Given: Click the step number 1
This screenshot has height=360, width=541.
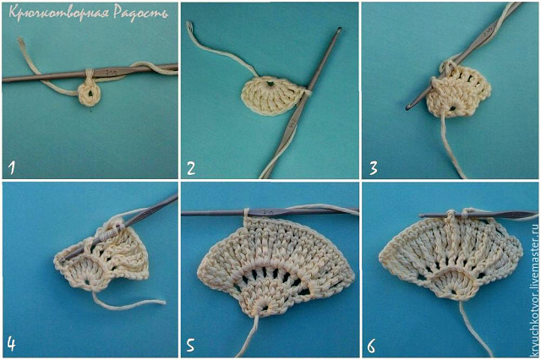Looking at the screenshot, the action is click(x=12, y=168).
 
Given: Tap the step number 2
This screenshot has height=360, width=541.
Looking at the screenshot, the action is click(x=191, y=168).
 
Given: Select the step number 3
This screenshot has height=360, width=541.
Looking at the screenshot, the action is click(x=374, y=168).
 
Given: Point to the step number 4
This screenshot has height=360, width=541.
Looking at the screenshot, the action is click(x=11, y=344).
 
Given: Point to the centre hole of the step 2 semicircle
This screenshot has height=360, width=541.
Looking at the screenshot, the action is click(x=270, y=83).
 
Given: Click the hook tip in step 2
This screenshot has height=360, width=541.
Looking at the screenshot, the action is click(x=340, y=30).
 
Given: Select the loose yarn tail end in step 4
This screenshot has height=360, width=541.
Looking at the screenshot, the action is click(x=163, y=302).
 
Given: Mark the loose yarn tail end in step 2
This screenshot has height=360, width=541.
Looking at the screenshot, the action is click(x=189, y=24).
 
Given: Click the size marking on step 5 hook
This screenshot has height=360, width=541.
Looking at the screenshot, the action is click(x=267, y=212).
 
